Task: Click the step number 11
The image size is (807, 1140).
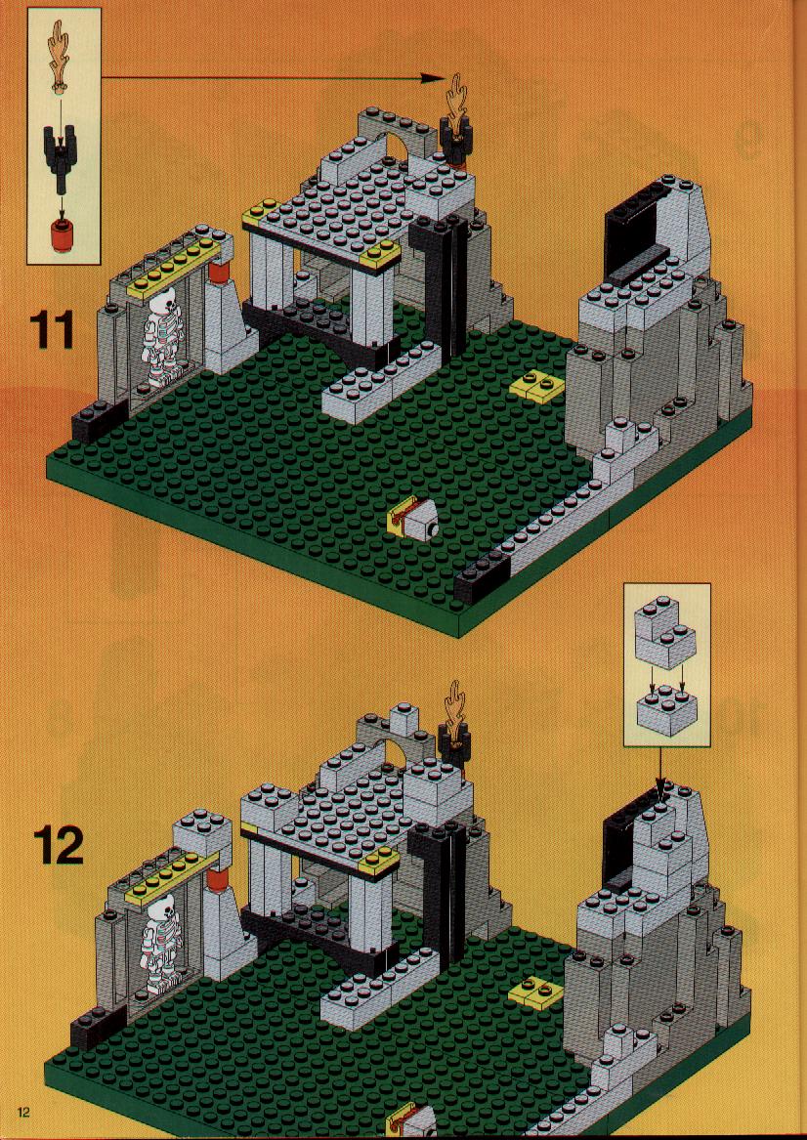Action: (52, 329)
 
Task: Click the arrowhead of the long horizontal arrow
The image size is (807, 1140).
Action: (434, 77)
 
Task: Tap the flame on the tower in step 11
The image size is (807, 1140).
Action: (457, 104)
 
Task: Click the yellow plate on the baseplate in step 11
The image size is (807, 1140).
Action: (536, 386)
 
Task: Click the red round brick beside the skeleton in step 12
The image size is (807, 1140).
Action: (217, 881)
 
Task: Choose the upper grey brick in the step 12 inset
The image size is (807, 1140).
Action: (664, 633)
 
